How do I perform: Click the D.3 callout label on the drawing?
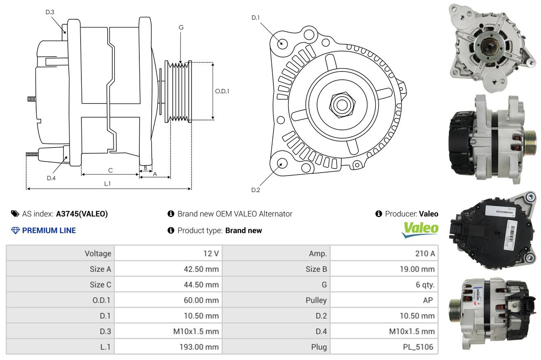[50, 12]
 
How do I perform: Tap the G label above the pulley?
[181, 28]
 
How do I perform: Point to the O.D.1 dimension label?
[222, 91]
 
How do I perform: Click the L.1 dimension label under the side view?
[107, 184]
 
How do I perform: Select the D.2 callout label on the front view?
[256, 190]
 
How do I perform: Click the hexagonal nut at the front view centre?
[342, 105]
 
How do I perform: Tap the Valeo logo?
[420, 229]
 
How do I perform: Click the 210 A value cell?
[384, 253]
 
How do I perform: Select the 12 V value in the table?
[168, 253]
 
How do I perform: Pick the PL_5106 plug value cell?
[384, 347]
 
